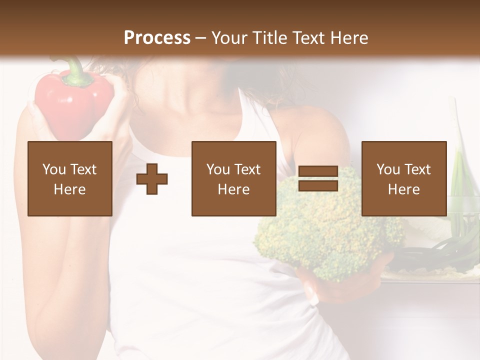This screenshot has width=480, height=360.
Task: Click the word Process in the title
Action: (x=157, y=37)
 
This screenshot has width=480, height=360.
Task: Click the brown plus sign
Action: (x=152, y=179)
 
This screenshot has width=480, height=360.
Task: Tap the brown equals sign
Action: (x=318, y=179)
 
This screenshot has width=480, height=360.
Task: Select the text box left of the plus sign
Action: (x=70, y=179)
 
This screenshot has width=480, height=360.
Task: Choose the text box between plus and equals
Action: (x=233, y=179)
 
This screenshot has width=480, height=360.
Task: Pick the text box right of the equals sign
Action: (x=403, y=179)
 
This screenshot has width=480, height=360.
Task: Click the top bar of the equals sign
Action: (x=318, y=172)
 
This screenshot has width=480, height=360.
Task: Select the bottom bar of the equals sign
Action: (x=318, y=185)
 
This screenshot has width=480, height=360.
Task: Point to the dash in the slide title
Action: (x=200, y=38)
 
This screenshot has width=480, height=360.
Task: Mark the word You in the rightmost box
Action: (x=388, y=169)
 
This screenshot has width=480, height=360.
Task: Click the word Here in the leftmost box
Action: (x=70, y=189)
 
